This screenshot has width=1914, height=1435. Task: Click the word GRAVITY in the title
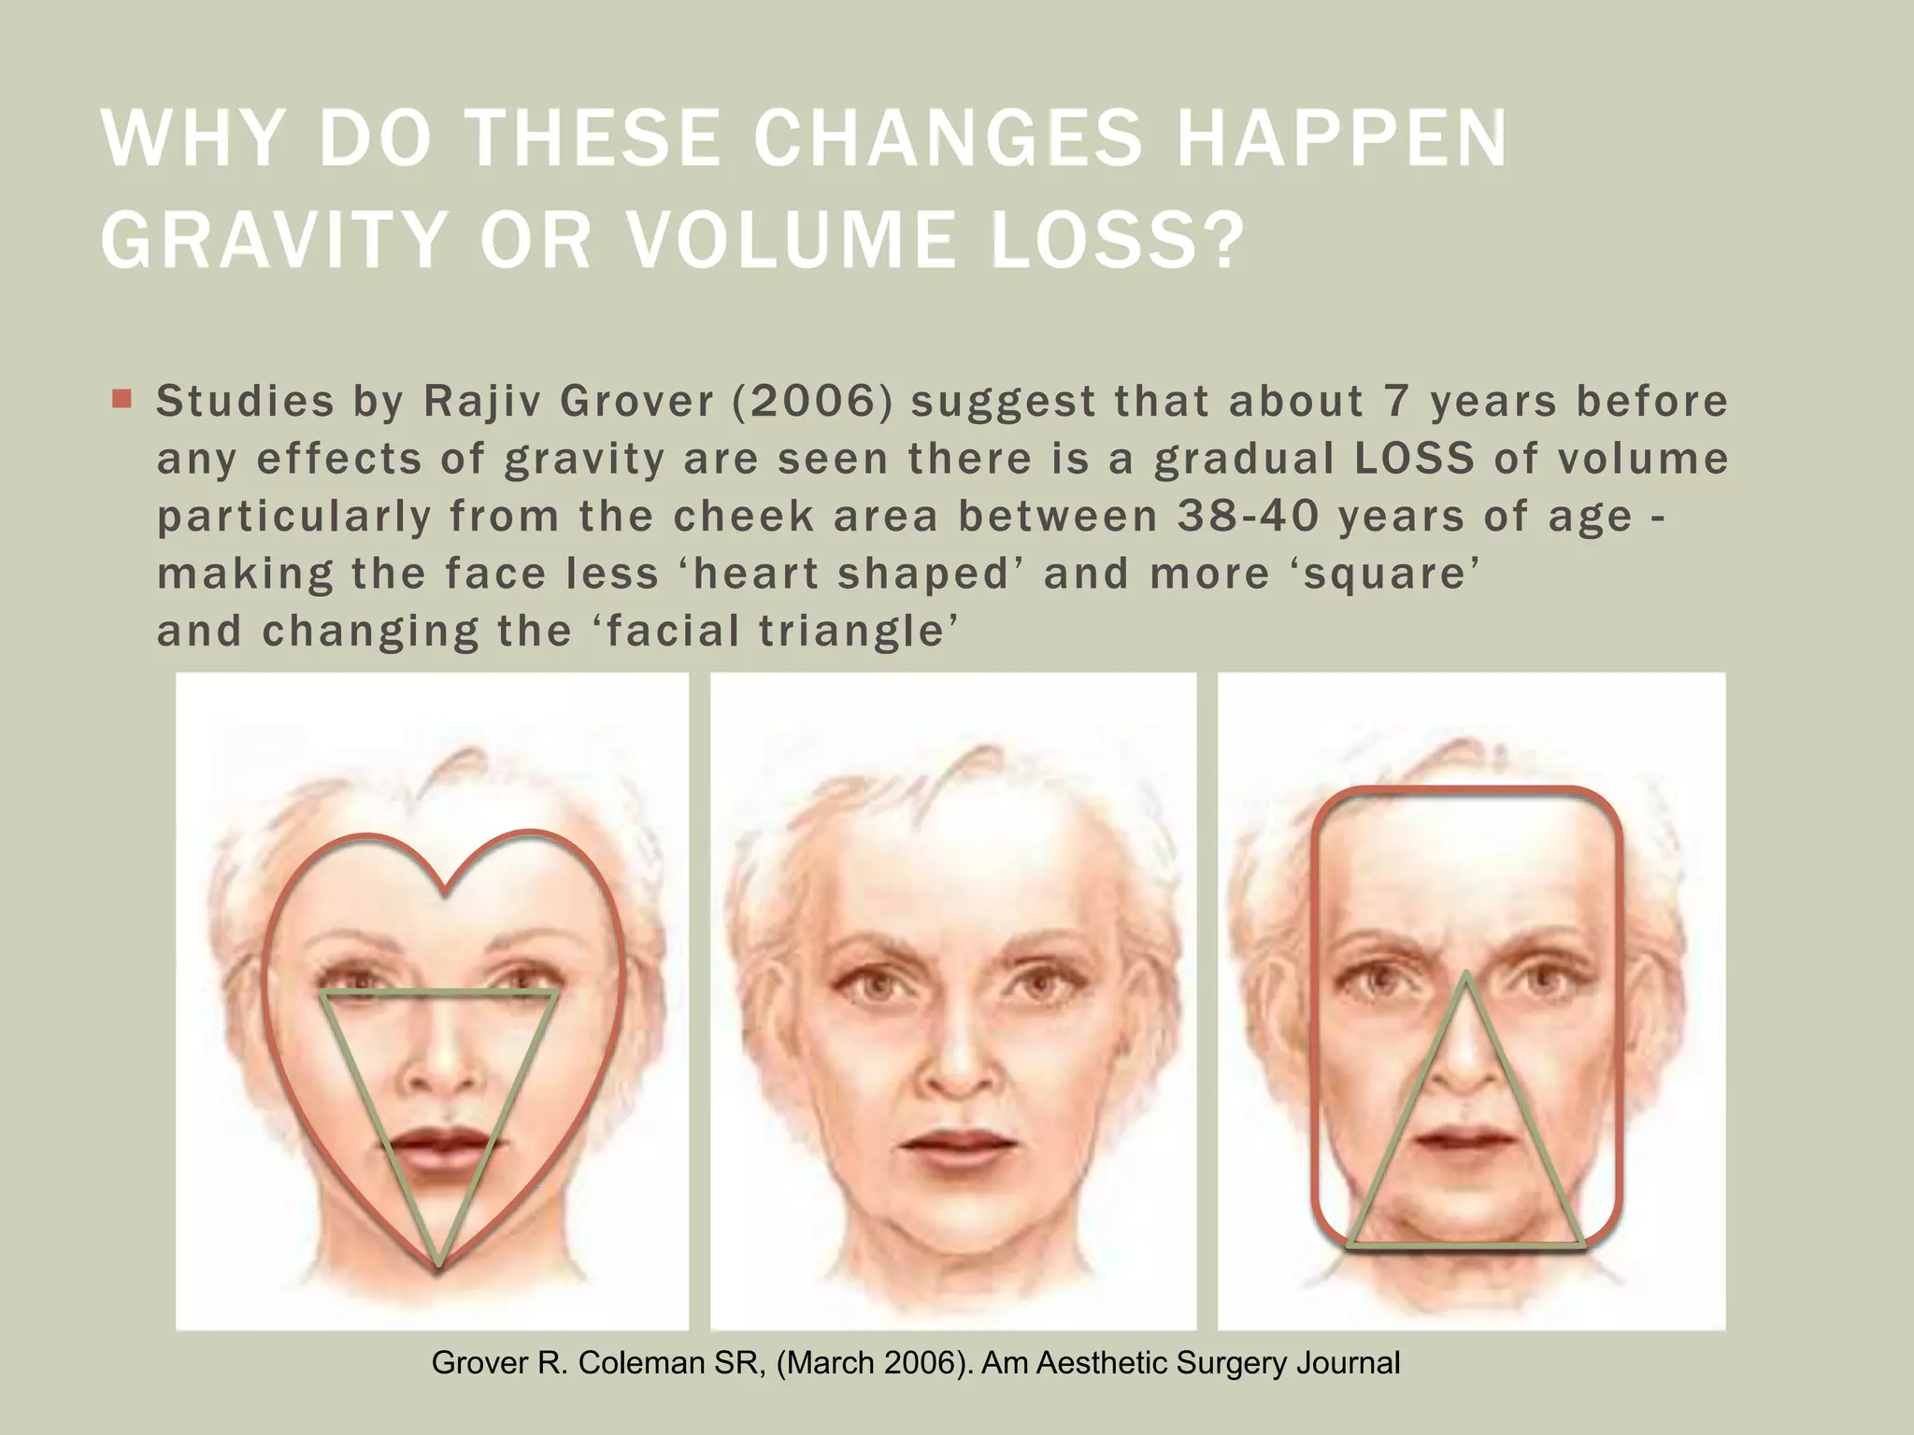point(272,240)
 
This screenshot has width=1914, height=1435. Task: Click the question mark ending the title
point(1221,240)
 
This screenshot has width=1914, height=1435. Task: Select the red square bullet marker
point(121,400)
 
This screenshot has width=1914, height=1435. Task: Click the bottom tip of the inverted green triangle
point(439,1267)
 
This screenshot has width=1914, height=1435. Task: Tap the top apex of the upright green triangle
point(1466,974)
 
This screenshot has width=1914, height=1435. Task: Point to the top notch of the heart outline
point(445,891)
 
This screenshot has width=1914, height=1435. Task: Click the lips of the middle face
point(958,1144)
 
